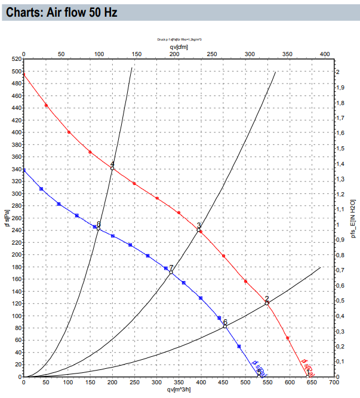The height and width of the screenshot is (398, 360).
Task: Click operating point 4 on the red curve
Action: [112, 168]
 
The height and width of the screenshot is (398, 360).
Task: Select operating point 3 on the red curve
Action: [199, 229]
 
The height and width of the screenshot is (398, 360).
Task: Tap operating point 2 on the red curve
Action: [267, 303]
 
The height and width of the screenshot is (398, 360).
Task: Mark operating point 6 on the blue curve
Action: [225, 326]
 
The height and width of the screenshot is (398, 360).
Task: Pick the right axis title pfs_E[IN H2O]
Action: [353, 218]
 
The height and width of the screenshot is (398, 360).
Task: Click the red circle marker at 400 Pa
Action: [69, 132]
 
